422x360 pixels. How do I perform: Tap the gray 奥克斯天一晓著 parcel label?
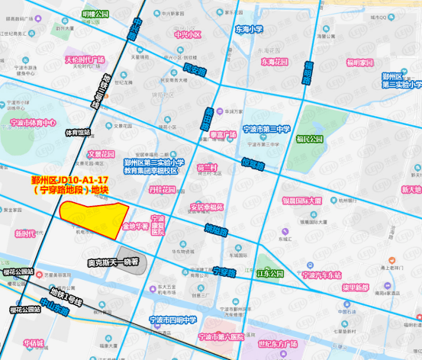pos(112,262)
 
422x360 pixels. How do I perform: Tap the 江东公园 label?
pos(269,273)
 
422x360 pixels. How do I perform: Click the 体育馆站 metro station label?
pos(77,132)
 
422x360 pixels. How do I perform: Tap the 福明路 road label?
pos(308,72)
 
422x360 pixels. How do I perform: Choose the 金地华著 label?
pos(135,227)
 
